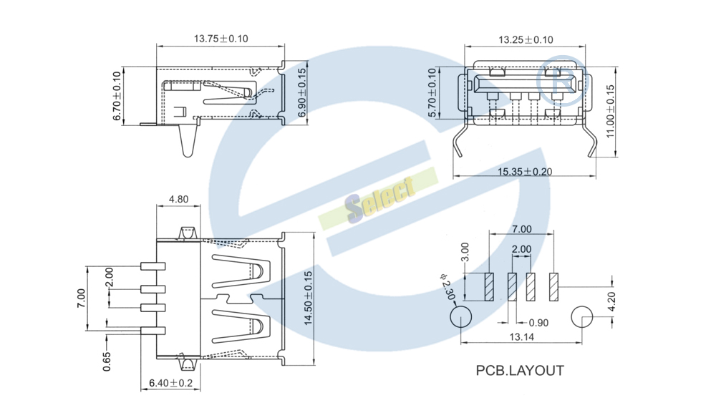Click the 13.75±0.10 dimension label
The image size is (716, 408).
[221, 39]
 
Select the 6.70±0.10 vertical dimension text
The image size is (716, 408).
[117, 96]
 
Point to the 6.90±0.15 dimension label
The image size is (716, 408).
[302, 92]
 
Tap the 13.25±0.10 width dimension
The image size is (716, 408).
[526, 39]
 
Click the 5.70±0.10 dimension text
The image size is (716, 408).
[432, 92]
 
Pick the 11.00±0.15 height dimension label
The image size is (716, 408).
[610, 112]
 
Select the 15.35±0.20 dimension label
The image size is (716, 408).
[525, 172]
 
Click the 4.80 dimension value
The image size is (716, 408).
[178, 199]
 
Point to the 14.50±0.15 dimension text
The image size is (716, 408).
[308, 298]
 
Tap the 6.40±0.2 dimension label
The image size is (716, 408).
[171, 383]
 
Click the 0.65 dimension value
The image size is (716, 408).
[107, 361]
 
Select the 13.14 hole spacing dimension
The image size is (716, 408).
[521, 337]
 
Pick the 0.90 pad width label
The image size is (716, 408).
[538, 323]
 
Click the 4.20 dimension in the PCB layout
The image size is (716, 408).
[612, 301]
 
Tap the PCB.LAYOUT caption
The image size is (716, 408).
[520, 370]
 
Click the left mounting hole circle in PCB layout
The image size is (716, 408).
[460, 316]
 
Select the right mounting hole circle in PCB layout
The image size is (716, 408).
[582, 316]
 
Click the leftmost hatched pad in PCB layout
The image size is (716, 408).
[489, 287]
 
